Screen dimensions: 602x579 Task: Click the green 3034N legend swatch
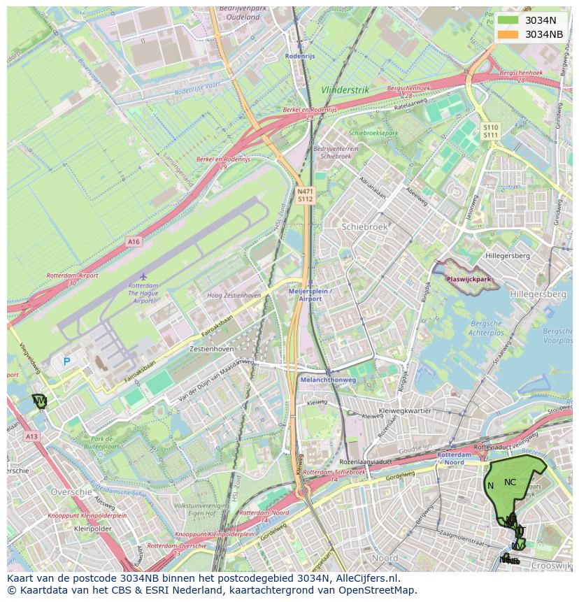(x=508, y=20)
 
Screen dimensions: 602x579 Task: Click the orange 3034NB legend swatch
(x=508, y=34)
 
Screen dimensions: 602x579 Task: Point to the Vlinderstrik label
(x=345, y=90)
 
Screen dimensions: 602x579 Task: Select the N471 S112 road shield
(x=305, y=195)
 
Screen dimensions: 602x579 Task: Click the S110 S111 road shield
(x=490, y=131)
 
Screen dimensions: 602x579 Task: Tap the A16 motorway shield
(x=134, y=241)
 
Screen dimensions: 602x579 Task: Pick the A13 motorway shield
(x=31, y=436)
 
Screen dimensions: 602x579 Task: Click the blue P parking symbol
(x=66, y=361)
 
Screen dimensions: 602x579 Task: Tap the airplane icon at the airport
(x=143, y=276)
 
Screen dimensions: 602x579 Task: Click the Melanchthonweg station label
(x=327, y=380)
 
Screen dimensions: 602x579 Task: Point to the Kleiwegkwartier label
(x=404, y=411)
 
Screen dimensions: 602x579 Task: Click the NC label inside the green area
(x=510, y=482)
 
